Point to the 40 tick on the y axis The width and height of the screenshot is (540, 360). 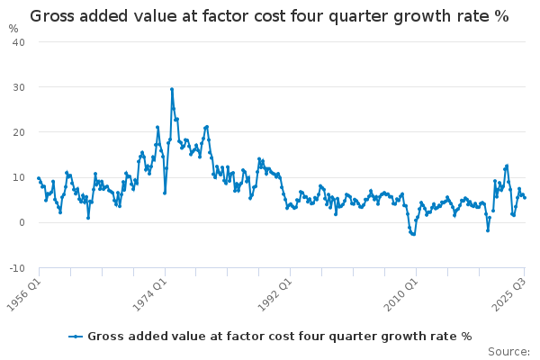pos(19,41)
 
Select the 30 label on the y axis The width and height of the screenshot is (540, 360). pos(19,87)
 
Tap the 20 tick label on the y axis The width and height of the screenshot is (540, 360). pos(19,132)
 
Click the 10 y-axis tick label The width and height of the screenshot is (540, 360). pos(19,177)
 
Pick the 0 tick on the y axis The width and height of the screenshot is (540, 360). pos(22,222)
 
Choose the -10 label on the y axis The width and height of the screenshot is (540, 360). pos(17,268)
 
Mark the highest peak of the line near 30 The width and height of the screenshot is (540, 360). pos(171,89)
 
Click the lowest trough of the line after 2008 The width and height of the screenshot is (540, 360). pos(413,234)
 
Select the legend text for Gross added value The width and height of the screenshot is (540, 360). pos(279,337)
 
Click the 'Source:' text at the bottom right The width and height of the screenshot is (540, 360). pos(508,351)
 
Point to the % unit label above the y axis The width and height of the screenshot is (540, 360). pos(13,28)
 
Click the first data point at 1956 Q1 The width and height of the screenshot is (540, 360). pos(38,178)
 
